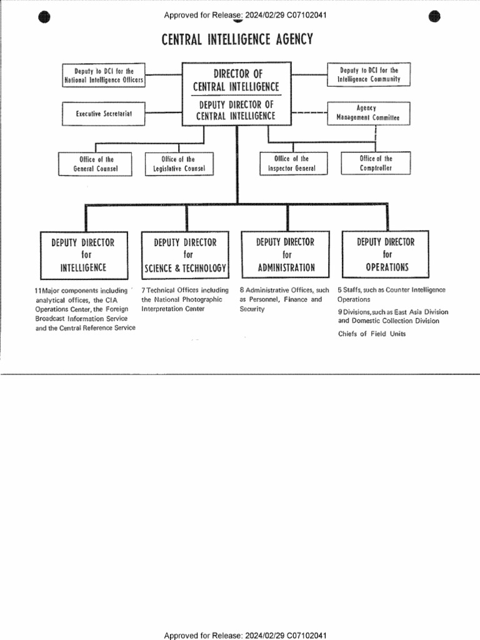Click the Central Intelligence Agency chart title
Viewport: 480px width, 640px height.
(x=237, y=41)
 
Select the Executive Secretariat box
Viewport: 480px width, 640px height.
(x=104, y=114)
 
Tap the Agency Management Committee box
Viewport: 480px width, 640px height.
(x=368, y=113)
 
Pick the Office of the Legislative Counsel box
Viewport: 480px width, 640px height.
(x=179, y=164)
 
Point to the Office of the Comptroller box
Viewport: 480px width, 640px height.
(x=376, y=163)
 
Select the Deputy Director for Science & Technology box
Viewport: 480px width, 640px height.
(x=186, y=254)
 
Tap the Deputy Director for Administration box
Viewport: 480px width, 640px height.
(x=286, y=254)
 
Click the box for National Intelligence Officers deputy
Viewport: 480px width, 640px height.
(x=104, y=76)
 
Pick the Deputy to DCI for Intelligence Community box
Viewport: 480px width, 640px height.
(x=368, y=75)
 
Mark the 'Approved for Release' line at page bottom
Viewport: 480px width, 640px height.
(x=245, y=635)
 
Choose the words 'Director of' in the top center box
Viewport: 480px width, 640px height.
(x=237, y=74)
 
